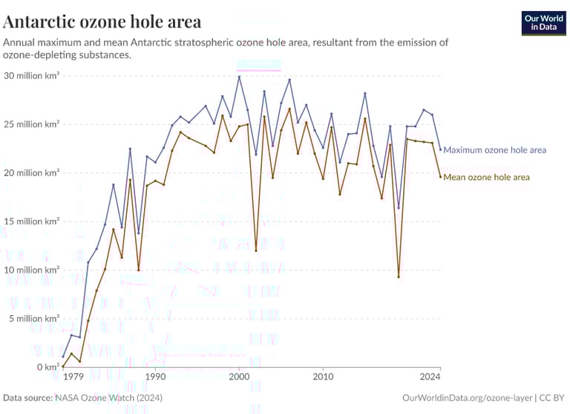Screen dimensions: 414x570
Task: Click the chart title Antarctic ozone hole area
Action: click(102, 20)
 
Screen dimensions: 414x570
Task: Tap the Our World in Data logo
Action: click(543, 22)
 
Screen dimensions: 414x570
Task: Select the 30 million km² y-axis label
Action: click(31, 76)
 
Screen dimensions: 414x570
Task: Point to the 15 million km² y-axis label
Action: click(31, 221)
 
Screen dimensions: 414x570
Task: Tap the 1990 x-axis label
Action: click(155, 378)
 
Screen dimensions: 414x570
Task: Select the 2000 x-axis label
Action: click(239, 378)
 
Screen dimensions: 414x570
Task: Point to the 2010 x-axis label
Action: click(323, 378)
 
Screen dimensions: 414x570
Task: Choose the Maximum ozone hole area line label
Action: click(494, 150)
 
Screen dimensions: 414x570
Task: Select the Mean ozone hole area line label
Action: click(486, 177)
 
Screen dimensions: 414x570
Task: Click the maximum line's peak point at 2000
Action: click(239, 77)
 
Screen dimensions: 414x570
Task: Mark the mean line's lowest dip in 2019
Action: click(399, 276)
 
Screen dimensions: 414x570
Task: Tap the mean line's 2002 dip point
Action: click(256, 250)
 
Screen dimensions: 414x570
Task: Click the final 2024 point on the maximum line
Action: click(440, 149)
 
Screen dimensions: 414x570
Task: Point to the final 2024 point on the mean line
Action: click(440, 176)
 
